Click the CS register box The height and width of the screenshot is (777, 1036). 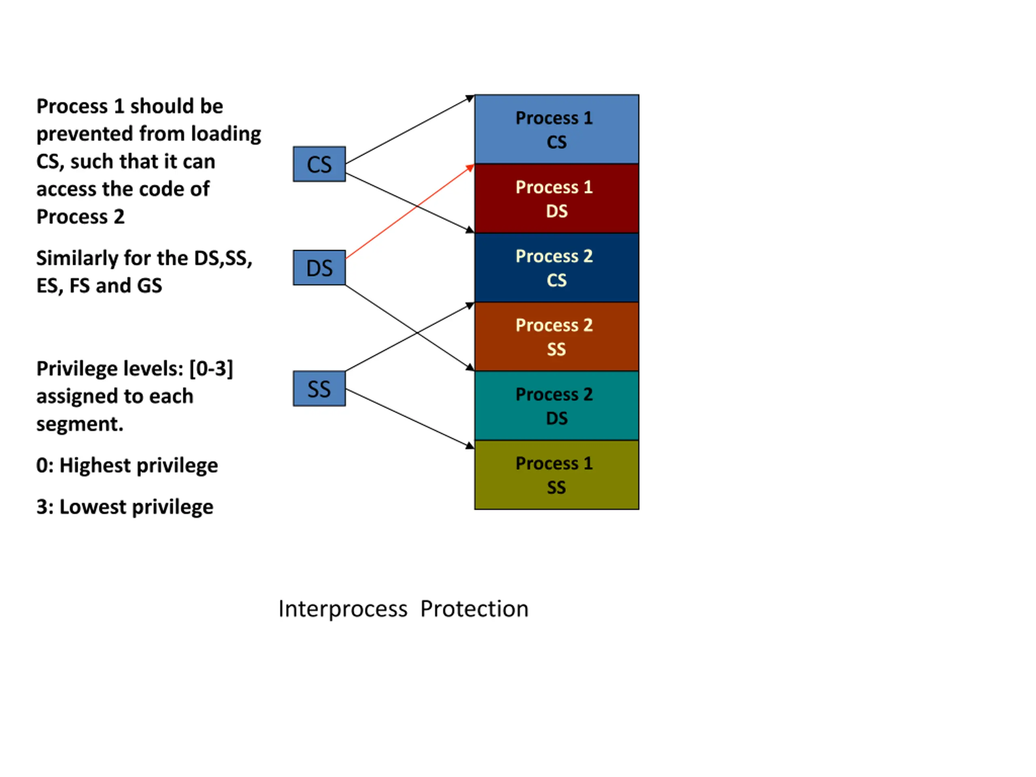pyautogui.click(x=319, y=164)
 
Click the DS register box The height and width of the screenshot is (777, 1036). pyautogui.click(x=319, y=267)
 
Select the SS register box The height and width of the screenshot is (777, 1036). pyautogui.click(x=319, y=388)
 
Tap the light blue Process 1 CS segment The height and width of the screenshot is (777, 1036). pyautogui.click(x=556, y=129)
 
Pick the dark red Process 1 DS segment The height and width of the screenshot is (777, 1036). pyautogui.click(x=556, y=199)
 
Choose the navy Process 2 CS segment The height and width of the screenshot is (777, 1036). pyautogui.click(x=556, y=267)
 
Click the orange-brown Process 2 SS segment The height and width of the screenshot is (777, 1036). pyautogui.click(x=556, y=337)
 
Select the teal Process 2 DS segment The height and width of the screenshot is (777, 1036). pyautogui.click(x=556, y=405)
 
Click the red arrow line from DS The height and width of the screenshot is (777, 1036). pyautogui.click(x=410, y=211)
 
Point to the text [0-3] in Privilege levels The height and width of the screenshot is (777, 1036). pyautogui.click(x=211, y=369)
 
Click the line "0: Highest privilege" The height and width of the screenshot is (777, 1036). pyautogui.click(x=127, y=465)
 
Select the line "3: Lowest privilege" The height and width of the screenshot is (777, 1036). pyautogui.click(x=125, y=507)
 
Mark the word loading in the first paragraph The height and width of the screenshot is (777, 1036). pyautogui.click(x=226, y=134)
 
